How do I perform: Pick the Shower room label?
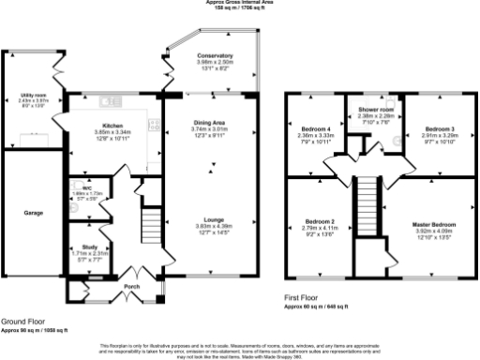click(373, 110)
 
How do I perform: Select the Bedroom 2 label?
click(321, 221)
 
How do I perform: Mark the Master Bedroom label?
click(436, 224)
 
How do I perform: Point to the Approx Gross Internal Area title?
click(238, 3)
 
